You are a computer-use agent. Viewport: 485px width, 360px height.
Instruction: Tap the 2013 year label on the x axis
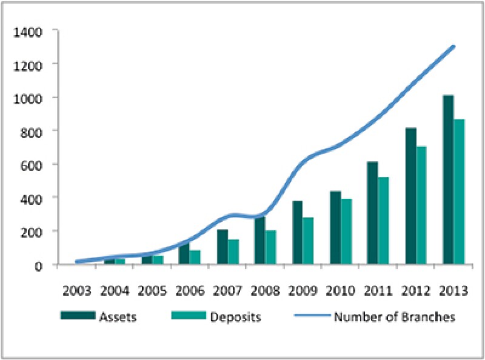(x=454, y=290)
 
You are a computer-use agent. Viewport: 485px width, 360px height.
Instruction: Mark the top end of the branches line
(x=453, y=46)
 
